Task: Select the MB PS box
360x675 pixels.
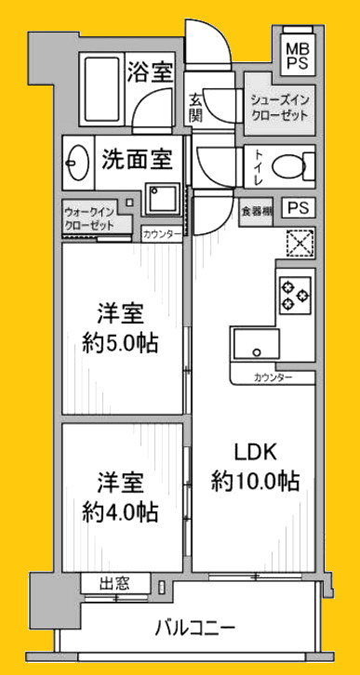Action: pyautogui.click(x=299, y=55)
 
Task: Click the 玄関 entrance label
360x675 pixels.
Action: pyautogui.click(x=195, y=107)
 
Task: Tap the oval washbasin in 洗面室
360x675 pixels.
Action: pyautogui.click(x=76, y=164)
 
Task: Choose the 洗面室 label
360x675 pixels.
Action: pyautogui.click(x=138, y=159)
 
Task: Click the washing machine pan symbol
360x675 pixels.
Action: pyautogui.click(x=162, y=198)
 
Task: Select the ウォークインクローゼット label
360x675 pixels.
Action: pyautogui.click(x=89, y=218)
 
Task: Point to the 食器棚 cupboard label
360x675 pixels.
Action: pyautogui.click(x=256, y=210)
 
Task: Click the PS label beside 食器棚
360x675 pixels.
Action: pyautogui.click(x=298, y=208)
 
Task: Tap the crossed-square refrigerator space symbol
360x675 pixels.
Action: pyautogui.click(x=300, y=243)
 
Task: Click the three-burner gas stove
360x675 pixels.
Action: pyautogui.click(x=295, y=294)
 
